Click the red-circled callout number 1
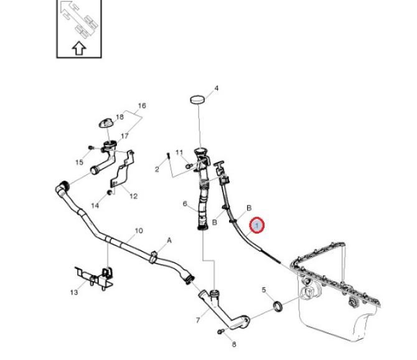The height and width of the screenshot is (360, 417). coord(257,225)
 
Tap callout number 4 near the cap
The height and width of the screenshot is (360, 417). coord(216,88)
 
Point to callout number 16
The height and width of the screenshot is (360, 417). coord(142,106)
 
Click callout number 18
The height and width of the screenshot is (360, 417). coord(120,116)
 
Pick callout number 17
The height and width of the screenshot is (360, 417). coord(124,136)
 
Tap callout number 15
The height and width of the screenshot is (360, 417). coord(79,163)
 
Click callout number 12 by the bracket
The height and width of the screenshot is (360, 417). coord(133,196)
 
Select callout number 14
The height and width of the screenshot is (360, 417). coord(95,206)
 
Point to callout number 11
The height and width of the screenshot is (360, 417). coord(179,153)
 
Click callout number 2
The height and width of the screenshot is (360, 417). coord(157,169)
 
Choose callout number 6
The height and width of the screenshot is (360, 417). coord(185,204)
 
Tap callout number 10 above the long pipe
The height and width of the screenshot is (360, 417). coord(138,230)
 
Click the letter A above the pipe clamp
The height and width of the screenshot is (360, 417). coord(169,240)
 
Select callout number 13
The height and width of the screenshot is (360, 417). coord(74,292)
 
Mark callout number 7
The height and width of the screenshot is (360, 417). coord(198,321)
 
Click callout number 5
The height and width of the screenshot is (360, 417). coord(264,290)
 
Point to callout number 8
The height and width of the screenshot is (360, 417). coord(234,344)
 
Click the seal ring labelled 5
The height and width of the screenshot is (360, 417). coord(278,306)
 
